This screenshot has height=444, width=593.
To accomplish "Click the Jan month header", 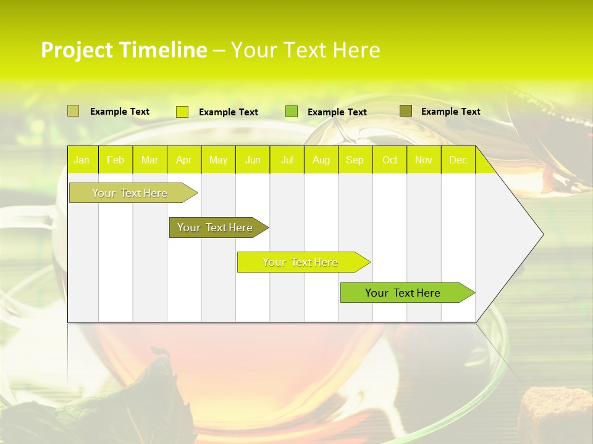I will point(82,160).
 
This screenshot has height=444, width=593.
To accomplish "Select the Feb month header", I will point(116,160).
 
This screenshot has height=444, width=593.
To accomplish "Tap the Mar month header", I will point(149,160).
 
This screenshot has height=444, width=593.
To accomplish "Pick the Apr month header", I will point(184,160).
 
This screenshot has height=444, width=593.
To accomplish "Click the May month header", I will point(218,160).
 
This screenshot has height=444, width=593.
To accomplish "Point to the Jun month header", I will point(253,160).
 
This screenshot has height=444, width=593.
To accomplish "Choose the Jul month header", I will point(287,160).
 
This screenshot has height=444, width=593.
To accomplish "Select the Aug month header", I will point(321,160).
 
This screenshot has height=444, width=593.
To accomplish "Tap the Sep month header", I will point(355,160).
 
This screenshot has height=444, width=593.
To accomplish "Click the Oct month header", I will point(390,160).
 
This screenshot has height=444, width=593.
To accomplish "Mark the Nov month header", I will point(424,160).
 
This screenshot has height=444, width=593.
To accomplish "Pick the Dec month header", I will point(458,160).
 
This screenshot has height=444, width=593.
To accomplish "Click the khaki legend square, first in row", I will point(73,111).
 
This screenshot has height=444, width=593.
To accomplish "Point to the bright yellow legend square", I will point(182,112).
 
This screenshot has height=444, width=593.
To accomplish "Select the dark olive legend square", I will point(405,111).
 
